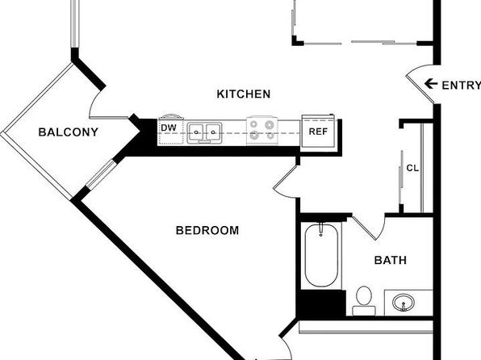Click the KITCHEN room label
pyautogui.click(x=244, y=94)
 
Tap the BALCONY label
pyautogui.click(x=68, y=132)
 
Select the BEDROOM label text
pyautogui.click(x=207, y=230)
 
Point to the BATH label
pyautogui.click(x=391, y=260)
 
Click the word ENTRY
pyautogui.click(x=461, y=86)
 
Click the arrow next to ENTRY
pyautogui.click(x=431, y=83)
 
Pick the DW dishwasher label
pyautogui.click(x=169, y=128)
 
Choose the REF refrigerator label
pyautogui.click(x=318, y=132)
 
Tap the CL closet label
pyautogui.click(x=412, y=168)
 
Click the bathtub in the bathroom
pyautogui.click(x=321, y=255)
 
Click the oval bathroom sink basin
pyautogui.click(x=404, y=303)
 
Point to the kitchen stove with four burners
pyautogui.click(x=262, y=131)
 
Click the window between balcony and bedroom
pyautogui.click(x=101, y=174)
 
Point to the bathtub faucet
pyautogui.click(x=321, y=229)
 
